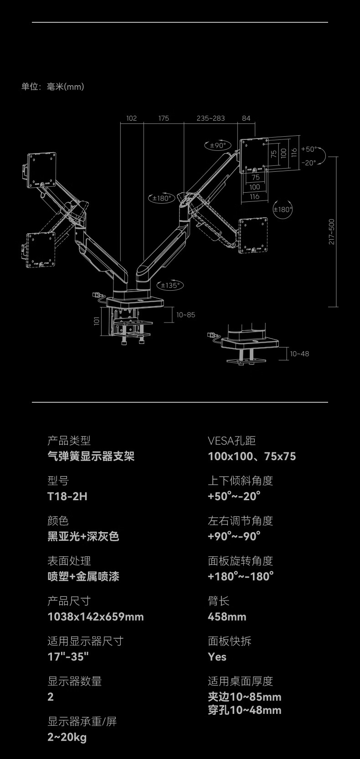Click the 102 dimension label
(x=131, y=118)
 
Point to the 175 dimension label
(x=164, y=118)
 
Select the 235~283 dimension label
(x=211, y=118)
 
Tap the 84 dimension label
(x=246, y=118)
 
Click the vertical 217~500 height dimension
(x=332, y=232)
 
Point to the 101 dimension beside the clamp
(x=97, y=321)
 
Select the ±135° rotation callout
(x=170, y=286)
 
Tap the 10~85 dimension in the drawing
(x=185, y=315)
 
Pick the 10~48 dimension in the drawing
(x=299, y=354)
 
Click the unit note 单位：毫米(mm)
(x=53, y=87)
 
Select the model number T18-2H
(x=67, y=496)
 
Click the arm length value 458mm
(x=227, y=616)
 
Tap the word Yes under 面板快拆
(x=217, y=656)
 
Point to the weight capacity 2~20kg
(x=67, y=737)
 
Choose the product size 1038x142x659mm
(x=96, y=616)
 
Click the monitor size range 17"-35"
(x=68, y=656)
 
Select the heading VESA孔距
(x=231, y=441)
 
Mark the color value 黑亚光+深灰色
(x=83, y=536)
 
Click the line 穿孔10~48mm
(x=245, y=710)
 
